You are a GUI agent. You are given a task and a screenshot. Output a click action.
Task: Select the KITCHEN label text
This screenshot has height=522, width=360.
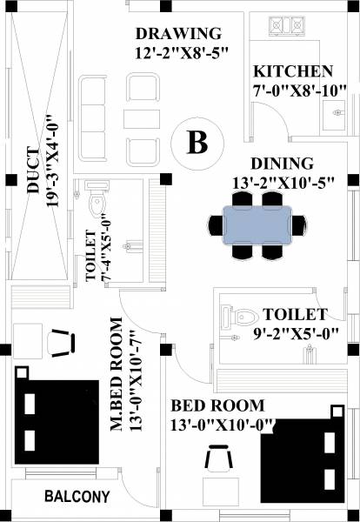click(292, 71)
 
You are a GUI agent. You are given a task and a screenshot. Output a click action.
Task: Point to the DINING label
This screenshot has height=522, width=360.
click(282, 164)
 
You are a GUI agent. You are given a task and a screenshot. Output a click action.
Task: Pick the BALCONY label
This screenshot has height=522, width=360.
click(77, 497)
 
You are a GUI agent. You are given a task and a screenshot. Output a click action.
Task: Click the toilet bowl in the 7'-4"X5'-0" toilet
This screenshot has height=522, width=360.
click(97, 204)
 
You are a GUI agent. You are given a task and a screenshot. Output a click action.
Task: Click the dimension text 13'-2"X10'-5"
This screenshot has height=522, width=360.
click(282, 183)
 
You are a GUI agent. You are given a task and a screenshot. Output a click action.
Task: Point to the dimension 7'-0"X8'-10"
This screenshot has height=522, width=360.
click(301, 90)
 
